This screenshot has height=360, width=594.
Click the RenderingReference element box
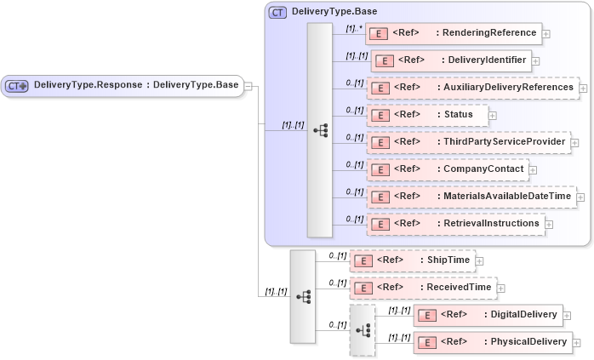(x=454, y=33)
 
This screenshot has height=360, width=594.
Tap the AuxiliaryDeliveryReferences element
(x=472, y=88)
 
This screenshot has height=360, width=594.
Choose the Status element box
(x=426, y=115)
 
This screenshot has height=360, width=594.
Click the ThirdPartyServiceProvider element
(x=467, y=142)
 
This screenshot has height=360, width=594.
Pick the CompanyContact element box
(x=448, y=169)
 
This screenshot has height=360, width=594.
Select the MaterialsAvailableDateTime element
(x=471, y=197)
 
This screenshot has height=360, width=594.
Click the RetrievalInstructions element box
(x=455, y=224)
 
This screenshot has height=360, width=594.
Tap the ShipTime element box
(x=412, y=260)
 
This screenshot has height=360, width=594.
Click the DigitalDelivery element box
(x=488, y=315)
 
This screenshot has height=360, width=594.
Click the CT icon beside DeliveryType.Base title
(x=277, y=12)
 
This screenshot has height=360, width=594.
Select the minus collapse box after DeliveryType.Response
(x=248, y=85)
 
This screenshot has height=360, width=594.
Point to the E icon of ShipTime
(x=363, y=260)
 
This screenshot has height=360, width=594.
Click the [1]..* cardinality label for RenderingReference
(x=354, y=28)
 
